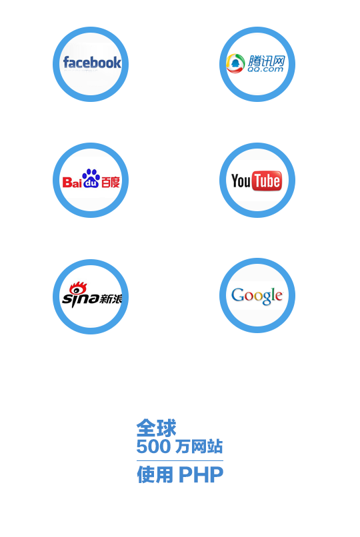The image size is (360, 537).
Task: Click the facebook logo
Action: click(x=92, y=63)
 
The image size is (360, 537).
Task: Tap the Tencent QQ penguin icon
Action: click(x=235, y=63)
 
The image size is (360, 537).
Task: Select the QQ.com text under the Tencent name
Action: click(x=265, y=69)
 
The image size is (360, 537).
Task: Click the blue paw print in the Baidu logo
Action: click(x=91, y=178)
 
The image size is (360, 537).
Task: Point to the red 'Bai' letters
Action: click(x=72, y=182)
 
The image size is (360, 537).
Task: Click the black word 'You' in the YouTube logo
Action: click(x=241, y=181)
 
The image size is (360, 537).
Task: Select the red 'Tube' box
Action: click(x=267, y=181)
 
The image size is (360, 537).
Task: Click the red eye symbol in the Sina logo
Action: click(x=78, y=288)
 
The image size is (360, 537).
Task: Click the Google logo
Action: click(x=257, y=296)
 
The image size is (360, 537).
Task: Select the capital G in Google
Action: click(x=237, y=294)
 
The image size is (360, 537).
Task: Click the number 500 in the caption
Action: click(x=153, y=446)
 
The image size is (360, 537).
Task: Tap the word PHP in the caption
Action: click(x=201, y=474)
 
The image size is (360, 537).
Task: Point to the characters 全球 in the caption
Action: click(x=156, y=428)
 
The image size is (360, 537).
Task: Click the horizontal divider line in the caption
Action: click(x=180, y=460)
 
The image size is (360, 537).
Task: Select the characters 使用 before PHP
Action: click(x=155, y=474)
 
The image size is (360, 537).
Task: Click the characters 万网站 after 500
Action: click(x=199, y=446)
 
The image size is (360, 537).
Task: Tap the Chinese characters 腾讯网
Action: click(x=267, y=61)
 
